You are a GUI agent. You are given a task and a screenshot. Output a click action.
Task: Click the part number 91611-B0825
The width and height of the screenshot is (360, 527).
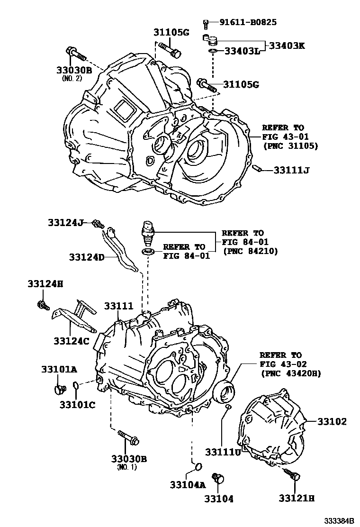[x=247, y=22]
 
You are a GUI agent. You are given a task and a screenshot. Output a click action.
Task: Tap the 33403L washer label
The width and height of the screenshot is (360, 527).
[x=242, y=51]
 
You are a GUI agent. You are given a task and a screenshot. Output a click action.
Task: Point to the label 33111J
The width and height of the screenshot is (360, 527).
[x=291, y=170]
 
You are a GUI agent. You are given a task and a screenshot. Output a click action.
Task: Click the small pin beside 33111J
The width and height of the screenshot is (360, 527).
[x=259, y=168]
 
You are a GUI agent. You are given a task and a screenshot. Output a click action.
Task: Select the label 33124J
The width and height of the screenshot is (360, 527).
[x=65, y=222]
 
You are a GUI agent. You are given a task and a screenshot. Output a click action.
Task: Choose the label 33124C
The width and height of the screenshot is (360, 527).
[x=71, y=341]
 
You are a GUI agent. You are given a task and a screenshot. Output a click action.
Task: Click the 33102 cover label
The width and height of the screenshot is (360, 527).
[x=332, y=421]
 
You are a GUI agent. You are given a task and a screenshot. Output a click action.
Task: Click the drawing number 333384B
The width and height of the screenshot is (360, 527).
[x=339, y=521]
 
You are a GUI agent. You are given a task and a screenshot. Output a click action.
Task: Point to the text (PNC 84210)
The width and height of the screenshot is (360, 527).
[x=250, y=251]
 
